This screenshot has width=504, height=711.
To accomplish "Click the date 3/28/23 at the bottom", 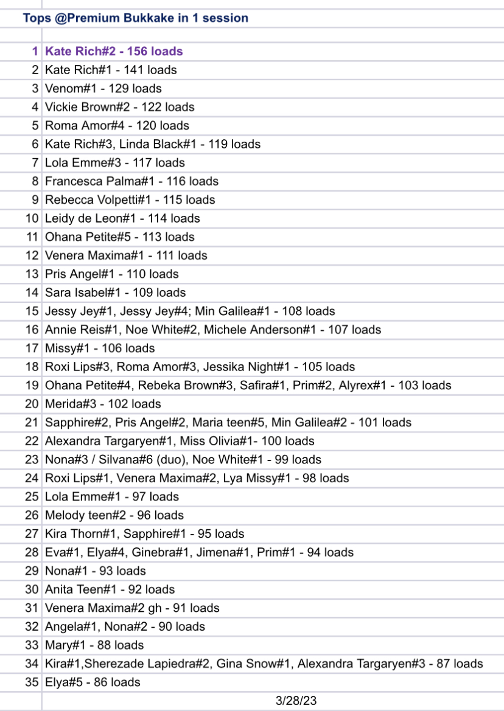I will tap(296, 701).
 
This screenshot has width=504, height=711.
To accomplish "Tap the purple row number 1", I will tap(35, 52).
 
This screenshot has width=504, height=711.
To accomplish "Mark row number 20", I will tap(32, 404).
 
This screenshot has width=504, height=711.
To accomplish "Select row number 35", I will tap(32, 682).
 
